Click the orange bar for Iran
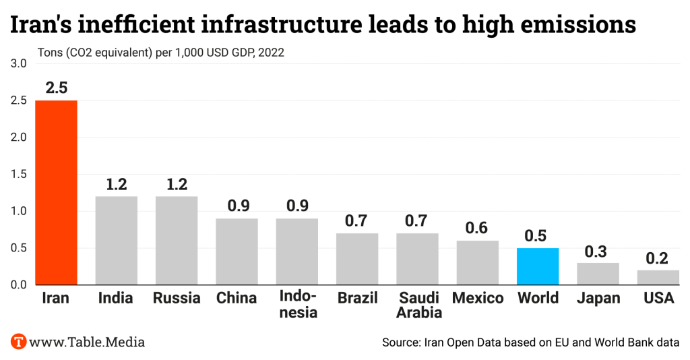(57, 192)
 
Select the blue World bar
(538, 266)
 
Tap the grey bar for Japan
(598, 274)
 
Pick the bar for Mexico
(478, 263)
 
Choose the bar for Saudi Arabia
(417, 259)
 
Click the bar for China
(237, 251)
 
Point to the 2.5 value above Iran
(57, 88)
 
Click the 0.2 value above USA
(658, 258)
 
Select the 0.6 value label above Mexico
(478, 229)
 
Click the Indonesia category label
(297, 305)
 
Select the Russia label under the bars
(177, 298)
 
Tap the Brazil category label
(357, 298)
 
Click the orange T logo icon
(19, 341)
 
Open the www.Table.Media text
(86, 342)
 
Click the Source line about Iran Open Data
(530, 342)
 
